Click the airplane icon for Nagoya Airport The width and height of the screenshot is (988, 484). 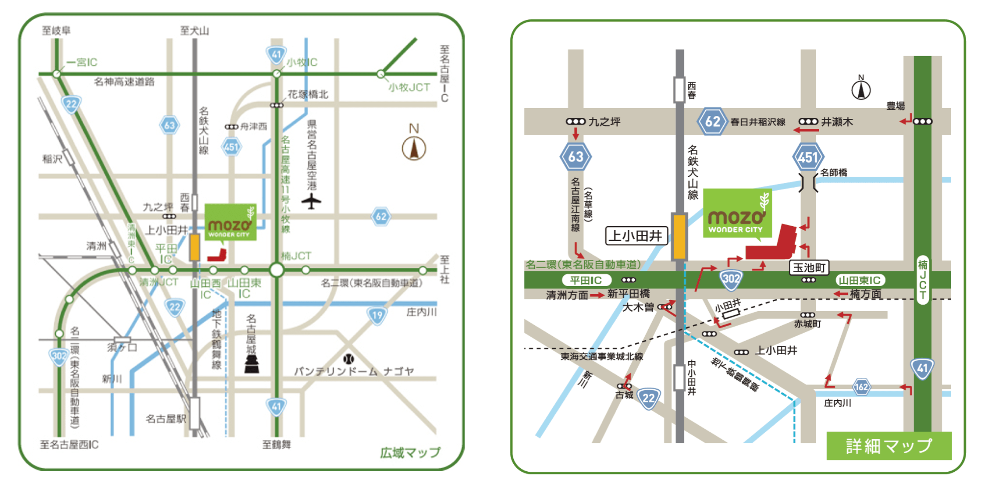(x=311, y=201)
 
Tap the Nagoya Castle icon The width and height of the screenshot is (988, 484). (x=252, y=363)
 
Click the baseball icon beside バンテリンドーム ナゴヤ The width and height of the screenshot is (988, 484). (x=348, y=359)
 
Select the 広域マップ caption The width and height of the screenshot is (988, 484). (x=410, y=452)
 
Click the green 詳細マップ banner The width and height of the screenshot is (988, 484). (x=888, y=445)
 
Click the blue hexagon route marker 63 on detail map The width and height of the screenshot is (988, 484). (x=575, y=157)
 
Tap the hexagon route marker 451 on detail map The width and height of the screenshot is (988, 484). (x=808, y=157)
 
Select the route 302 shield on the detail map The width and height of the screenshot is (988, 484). (x=731, y=279)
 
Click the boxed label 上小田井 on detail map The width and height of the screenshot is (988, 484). (x=636, y=236)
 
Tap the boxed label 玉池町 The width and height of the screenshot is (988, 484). (x=809, y=267)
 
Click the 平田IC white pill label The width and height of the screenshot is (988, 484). (x=586, y=280)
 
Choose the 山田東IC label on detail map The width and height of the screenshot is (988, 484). (x=859, y=280)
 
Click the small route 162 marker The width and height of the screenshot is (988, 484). (x=861, y=387)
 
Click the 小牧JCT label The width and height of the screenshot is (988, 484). (x=409, y=87)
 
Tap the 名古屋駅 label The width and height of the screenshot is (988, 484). (x=166, y=419)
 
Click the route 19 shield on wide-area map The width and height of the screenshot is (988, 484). (x=377, y=315)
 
